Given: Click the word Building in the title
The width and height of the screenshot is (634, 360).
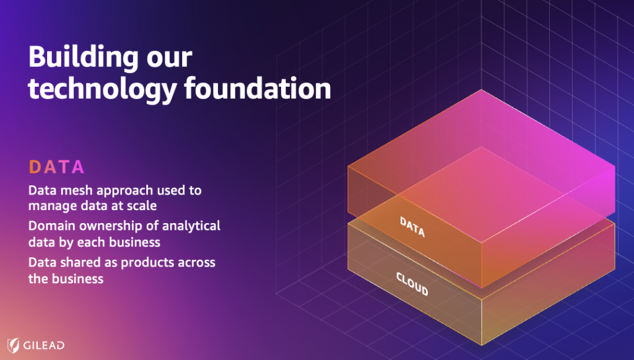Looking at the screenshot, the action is (x=84, y=58).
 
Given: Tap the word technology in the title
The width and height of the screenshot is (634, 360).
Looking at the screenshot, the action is (x=103, y=89).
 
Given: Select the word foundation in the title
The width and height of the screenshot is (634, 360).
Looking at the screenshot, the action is (x=258, y=88).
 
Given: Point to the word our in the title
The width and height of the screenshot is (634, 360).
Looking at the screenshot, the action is (x=170, y=59).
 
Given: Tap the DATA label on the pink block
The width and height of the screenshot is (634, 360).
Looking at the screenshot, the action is (x=412, y=227).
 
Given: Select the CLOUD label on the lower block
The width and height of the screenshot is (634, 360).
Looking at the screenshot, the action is (x=412, y=284).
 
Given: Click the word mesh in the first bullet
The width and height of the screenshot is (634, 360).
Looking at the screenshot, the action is (x=75, y=190).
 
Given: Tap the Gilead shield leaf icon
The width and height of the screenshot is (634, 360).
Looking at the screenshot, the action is (x=14, y=345).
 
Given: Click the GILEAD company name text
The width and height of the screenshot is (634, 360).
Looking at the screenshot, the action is (x=44, y=345).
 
